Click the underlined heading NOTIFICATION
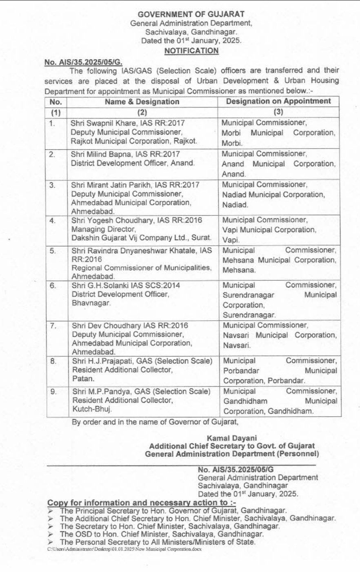pos(191,51)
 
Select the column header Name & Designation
pos(142,102)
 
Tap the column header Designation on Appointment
pos(279,101)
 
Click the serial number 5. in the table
pos(53,251)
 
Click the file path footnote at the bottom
pos(124,549)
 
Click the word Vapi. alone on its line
pos(231,240)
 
